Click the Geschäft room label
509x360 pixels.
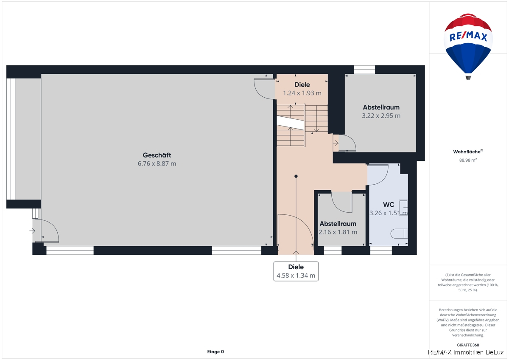(x=157, y=155)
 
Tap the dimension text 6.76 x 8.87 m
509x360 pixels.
(x=157, y=163)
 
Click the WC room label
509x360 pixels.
(x=389, y=205)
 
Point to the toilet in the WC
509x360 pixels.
(x=399, y=233)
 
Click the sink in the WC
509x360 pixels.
(x=403, y=208)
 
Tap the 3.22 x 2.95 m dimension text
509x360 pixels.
(x=381, y=116)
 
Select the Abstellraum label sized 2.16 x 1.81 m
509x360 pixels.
(x=338, y=224)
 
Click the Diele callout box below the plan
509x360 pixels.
(x=296, y=271)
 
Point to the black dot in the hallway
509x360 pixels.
(x=296, y=176)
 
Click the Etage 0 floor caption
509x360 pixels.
(x=215, y=352)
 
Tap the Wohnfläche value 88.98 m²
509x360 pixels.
(x=468, y=160)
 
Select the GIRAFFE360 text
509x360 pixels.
(x=468, y=345)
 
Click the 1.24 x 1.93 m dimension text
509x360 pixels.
(x=302, y=93)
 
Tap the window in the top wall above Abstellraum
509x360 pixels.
(x=364, y=70)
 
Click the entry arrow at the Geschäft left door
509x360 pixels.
(x=32, y=231)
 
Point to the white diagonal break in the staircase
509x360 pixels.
(x=291, y=123)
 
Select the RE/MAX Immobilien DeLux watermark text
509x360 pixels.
(x=466, y=352)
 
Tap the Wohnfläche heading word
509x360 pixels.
(x=467, y=152)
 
